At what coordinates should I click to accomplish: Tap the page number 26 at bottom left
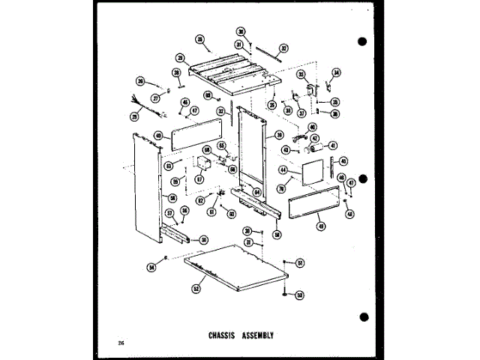[x=121, y=342]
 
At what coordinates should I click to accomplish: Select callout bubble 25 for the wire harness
[x=135, y=116]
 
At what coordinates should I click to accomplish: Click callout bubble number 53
[x=298, y=295]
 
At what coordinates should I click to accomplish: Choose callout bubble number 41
[x=333, y=145]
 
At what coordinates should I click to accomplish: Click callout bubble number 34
[x=336, y=73]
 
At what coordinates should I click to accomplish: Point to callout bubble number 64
[x=256, y=191]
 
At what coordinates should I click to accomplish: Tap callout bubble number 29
[x=180, y=57]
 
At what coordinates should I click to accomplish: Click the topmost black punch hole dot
[x=362, y=41]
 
